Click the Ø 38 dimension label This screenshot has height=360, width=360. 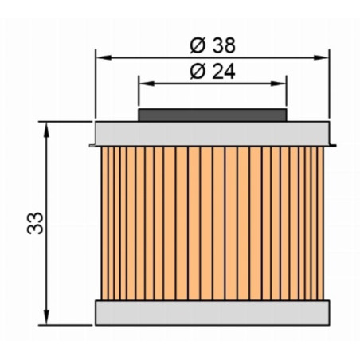tap(213, 45)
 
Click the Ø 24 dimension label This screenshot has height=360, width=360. tap(213, 72)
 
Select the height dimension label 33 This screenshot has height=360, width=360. tap(35, 223)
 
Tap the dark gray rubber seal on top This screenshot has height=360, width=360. tap(213, 115)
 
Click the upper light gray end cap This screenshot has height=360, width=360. tap(213, 134)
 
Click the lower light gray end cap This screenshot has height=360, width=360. tap(213, 313)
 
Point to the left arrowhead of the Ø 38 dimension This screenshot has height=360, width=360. tap(104, 57)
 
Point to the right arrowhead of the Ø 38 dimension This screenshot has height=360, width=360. tap(321, 57)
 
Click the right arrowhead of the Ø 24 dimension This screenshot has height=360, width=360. tap(278, 84)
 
